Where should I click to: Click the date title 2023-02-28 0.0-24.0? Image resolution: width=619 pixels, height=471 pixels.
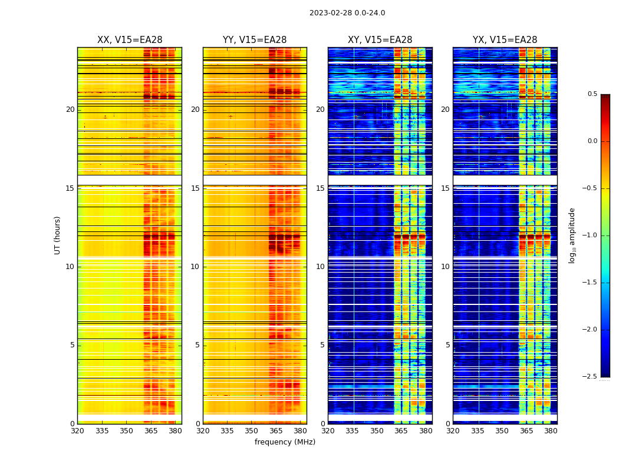pos(347,13)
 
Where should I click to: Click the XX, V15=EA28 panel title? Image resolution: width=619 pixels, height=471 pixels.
pos(130,40)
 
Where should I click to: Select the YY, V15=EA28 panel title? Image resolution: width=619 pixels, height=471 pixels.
pos(255,40)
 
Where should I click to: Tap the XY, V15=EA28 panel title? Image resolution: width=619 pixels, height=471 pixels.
pos(380,40)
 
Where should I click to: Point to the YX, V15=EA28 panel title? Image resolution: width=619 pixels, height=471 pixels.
pos(505,40)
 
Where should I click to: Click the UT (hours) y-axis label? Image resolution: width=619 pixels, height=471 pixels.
pos(57,235)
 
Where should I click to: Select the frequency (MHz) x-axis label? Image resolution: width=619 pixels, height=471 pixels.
pos(285,442)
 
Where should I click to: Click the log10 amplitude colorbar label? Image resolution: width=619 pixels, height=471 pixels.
pos(572,235)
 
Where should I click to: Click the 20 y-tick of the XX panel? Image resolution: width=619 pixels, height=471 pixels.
pos(70,110)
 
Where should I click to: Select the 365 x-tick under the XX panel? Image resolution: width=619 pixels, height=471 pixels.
pos(151,431)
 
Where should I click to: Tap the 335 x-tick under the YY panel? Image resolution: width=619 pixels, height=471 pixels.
pos(227,431)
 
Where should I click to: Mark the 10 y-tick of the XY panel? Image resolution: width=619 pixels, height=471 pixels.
pos(320,267)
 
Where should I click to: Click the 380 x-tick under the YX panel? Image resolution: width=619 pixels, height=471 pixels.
pos(551,431)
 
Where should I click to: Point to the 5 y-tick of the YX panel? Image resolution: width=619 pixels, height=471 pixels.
pos(447,345)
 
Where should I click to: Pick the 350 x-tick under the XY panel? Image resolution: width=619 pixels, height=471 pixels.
pos(377,431)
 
